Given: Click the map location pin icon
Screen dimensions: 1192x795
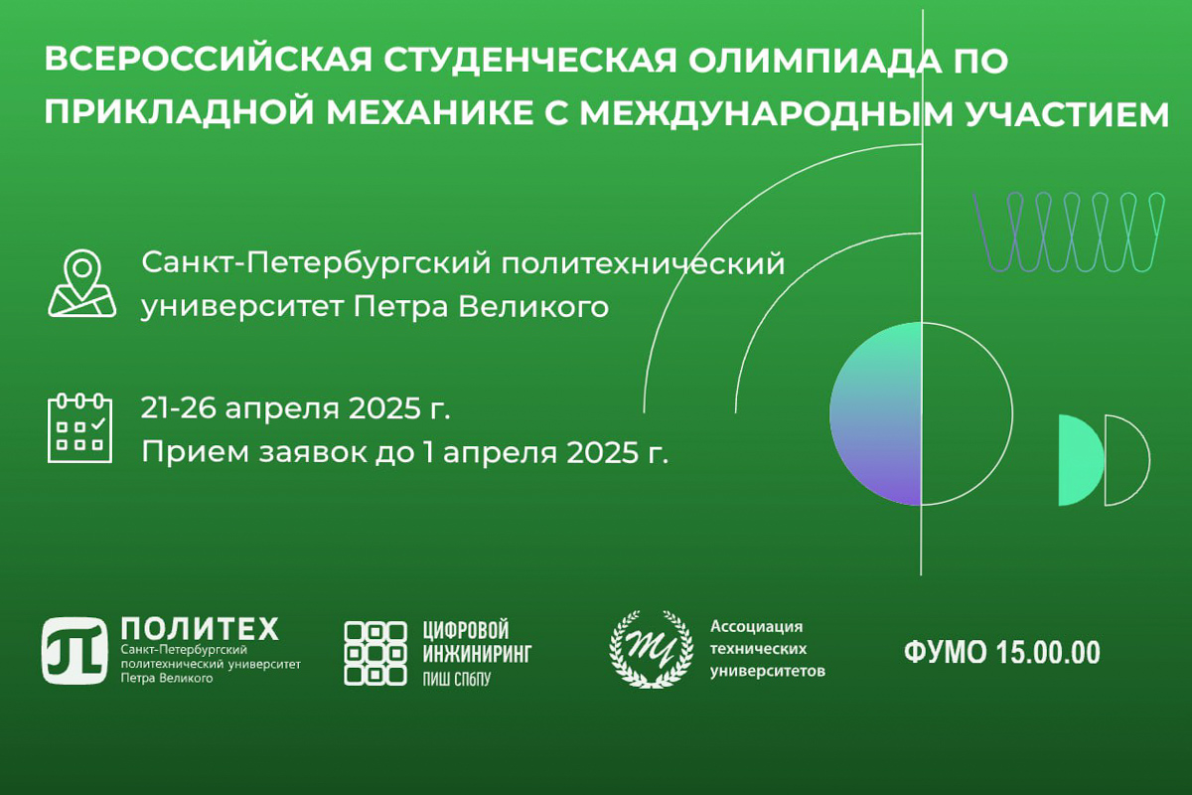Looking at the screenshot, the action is pyautogui.click(x=81, y=283).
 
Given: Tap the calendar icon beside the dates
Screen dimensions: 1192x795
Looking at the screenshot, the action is pyautogui.click(x=79, y=427).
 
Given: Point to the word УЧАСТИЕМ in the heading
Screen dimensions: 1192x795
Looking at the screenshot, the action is pyautogui.click(x=1067, y=113).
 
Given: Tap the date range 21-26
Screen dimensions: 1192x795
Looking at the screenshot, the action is pyautogui.click(x=178, y=409).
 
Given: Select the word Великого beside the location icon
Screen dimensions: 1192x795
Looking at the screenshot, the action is pyautogui.click(x=533, y=307).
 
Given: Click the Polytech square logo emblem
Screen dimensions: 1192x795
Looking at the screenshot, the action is pyautogui.click(x=75, y=651).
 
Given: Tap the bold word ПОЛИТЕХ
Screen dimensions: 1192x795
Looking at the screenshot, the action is pyautogui.click(x=200, y=629).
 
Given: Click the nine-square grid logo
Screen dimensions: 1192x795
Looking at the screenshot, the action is pyautogui.click(x=375, y=653).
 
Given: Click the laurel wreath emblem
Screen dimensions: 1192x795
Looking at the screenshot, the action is pyautogui.click(x=651, y=650).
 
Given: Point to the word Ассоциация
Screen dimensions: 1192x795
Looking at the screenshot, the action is pyautogui.click(x=757, y=627).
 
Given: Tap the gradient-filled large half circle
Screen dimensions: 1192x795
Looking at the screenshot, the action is pyautogui.click(x=875, y=413).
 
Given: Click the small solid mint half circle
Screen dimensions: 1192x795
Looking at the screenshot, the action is pyautogui.click(x=1082, y=460).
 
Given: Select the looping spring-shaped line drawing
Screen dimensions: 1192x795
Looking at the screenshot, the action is pyautogui.click(x=1069, y=233).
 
